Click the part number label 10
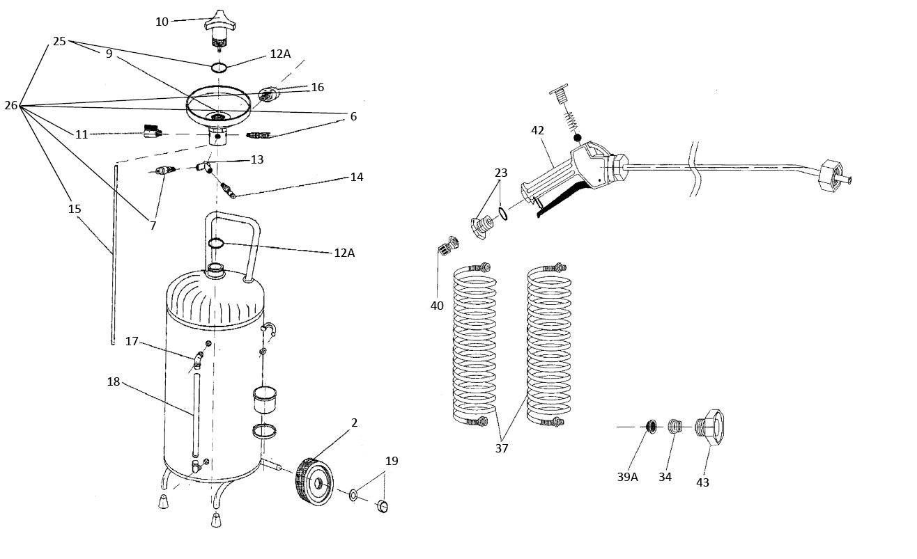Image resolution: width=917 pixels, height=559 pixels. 162,22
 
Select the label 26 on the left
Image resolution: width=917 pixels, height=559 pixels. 11,106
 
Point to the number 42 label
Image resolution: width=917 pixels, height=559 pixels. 537,130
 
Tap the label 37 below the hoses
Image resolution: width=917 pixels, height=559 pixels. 502,448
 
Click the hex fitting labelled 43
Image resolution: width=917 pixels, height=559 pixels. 711,426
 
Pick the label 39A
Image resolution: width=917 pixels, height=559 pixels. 627,477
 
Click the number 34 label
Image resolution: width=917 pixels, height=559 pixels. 665,477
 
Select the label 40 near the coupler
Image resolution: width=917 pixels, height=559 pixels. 437,306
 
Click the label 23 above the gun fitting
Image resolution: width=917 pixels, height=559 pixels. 502,173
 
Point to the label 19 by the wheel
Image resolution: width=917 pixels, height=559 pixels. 392,461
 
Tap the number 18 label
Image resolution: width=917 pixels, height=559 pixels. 114,381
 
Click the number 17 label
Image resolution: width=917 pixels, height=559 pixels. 132,341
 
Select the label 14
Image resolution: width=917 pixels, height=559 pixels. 357,177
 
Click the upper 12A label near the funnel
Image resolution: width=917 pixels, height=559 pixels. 280,54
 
